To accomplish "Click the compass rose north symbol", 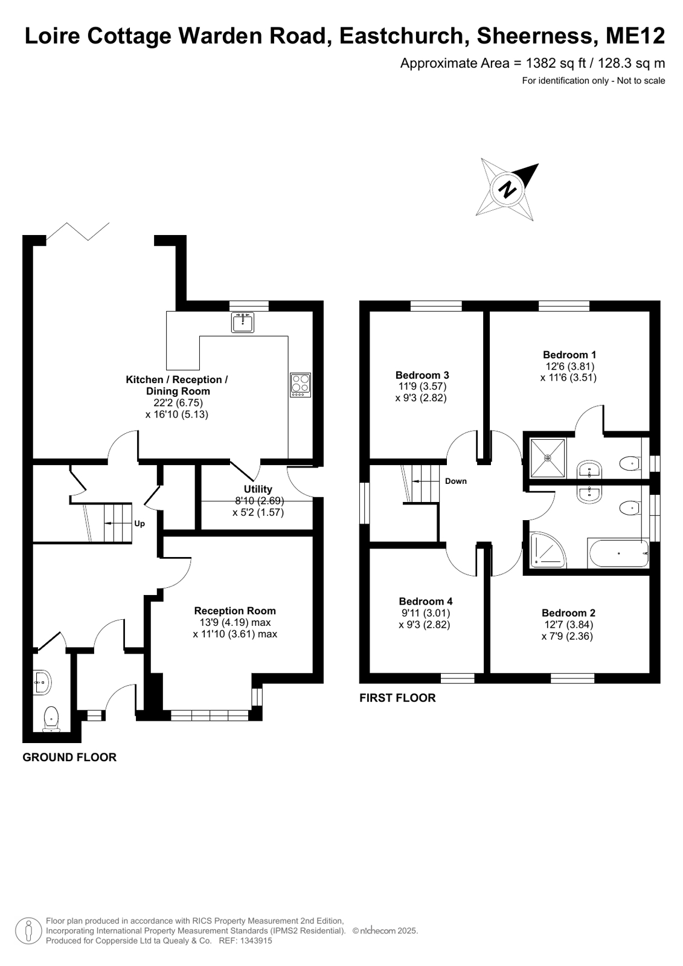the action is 507,189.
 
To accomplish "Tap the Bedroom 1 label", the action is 569,355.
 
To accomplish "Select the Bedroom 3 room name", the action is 422,375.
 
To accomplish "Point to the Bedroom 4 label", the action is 426,601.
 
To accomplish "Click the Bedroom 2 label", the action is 568,613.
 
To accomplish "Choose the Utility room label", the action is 258,489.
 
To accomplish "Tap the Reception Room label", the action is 235,611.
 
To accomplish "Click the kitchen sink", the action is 243,323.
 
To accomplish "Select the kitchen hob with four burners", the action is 301,385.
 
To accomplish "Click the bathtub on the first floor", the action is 618,553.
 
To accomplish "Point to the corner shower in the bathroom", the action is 548,550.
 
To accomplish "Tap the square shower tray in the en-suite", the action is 548,457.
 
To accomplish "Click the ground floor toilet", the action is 51,719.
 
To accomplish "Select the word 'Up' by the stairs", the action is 139,524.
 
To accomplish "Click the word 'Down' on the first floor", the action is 456,481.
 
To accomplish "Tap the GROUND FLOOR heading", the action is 69,758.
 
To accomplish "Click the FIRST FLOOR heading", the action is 397,698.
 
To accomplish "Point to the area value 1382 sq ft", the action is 556,63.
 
